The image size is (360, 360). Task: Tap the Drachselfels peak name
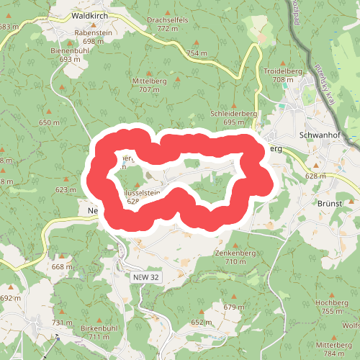tap(167, 19)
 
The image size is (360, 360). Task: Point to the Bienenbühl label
tap(70, 50)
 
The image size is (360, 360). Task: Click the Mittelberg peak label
tap(149, 81)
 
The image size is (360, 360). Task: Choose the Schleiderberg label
tap(234, 114)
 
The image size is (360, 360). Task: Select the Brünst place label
tap(330, 204)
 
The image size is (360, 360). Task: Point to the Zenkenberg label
tap(235, 253)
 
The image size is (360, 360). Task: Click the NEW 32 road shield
tap(146, 277)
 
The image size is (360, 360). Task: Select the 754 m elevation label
tap(196, 53)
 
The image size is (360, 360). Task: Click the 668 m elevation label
tap(63, 267)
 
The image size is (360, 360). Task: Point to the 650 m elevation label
tap(49, 122)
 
